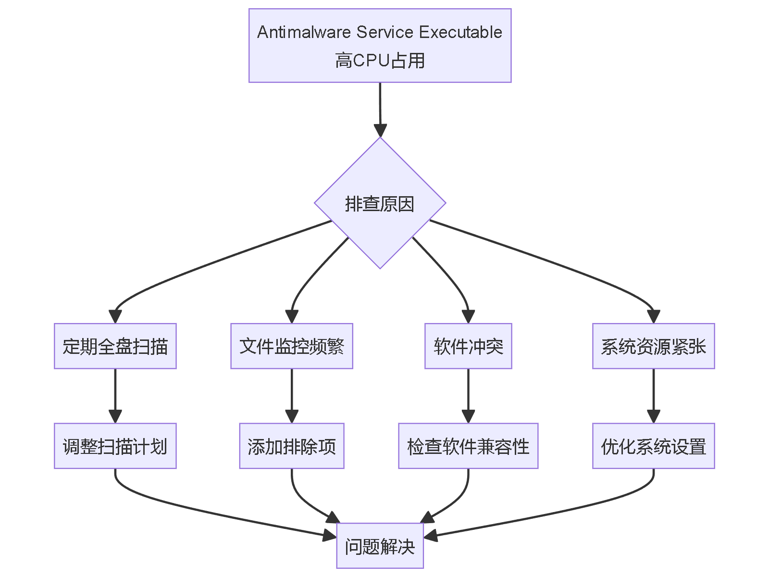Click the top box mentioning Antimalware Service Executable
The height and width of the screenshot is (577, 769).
[380, 45]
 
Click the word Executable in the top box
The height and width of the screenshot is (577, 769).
[460, 32]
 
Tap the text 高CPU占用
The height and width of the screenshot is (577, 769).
[380, 61]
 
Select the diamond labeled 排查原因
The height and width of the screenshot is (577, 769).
[380, 203]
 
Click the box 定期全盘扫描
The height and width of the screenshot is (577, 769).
[115, 346]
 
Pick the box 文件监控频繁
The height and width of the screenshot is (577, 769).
[291, 346]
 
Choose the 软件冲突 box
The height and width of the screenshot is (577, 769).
[468, 346]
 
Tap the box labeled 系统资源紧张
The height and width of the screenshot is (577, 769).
[653, 346]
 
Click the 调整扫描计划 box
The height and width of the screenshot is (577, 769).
[115, 446]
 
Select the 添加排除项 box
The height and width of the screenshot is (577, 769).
[291, 446]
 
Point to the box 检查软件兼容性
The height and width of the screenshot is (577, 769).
[468, 446]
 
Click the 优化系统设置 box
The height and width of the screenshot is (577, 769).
[653, 446]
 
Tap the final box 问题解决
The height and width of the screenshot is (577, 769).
[380, 546]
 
